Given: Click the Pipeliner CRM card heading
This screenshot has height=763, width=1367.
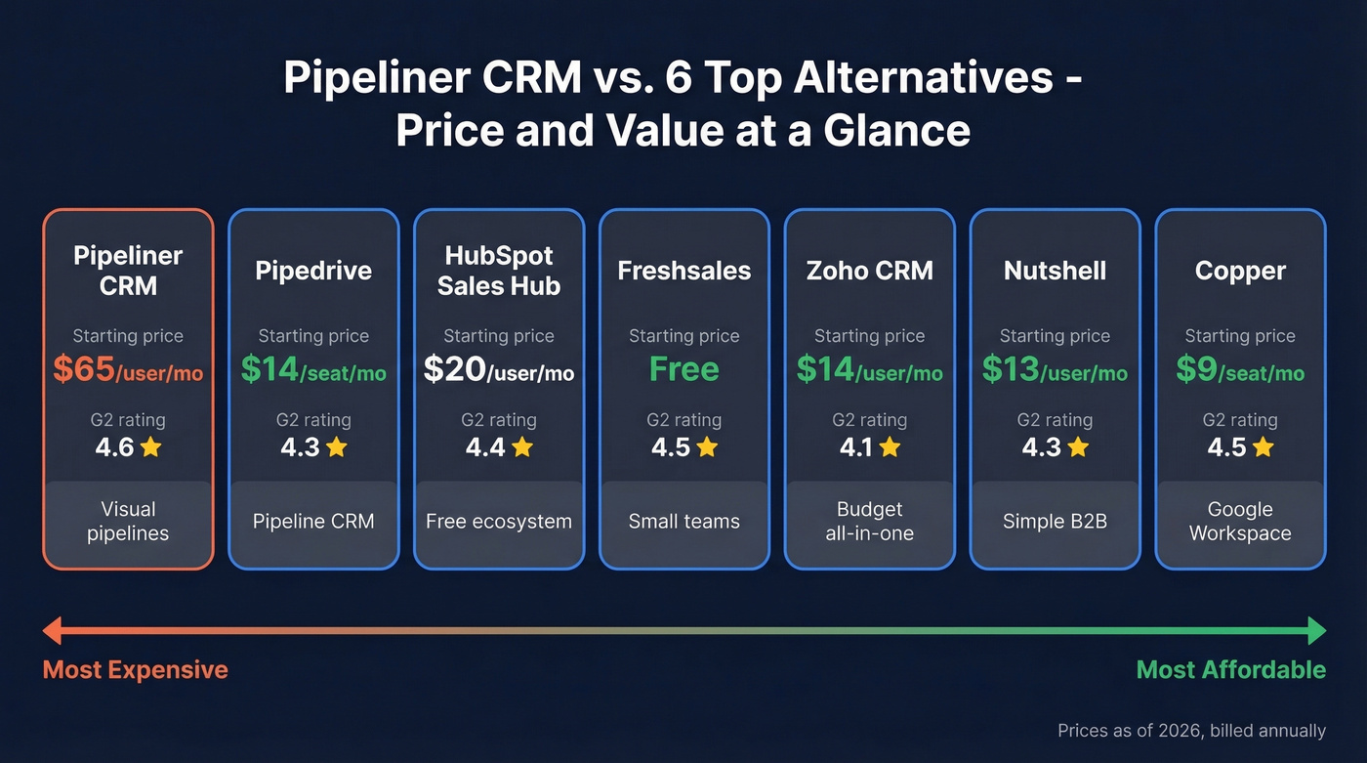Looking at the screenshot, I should point(128,271).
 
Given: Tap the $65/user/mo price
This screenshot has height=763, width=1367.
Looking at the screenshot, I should point(128,370).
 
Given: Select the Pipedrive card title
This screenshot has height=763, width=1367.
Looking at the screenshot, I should point(313,271).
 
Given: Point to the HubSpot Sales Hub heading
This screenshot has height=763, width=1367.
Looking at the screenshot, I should point(498,271).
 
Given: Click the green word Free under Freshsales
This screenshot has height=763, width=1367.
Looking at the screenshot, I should point(683,369).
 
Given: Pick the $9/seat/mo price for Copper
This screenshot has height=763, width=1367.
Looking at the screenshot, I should point(1240,370).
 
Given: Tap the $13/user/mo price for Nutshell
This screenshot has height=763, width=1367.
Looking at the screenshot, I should point(1055,370).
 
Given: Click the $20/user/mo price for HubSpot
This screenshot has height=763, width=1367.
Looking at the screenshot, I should point(498,370).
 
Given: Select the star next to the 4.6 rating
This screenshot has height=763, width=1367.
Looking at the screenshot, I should point(150,447).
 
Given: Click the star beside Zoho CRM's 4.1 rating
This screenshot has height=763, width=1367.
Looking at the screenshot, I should point(890,447).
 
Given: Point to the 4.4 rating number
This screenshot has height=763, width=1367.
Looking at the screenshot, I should point(484,447).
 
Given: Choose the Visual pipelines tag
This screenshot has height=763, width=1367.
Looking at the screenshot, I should point(128,521).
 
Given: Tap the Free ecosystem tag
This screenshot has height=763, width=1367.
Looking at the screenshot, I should point(498,521).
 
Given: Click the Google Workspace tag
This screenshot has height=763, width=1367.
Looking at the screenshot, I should point(1240,521).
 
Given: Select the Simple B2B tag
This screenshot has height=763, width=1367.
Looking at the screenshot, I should point(1055,521).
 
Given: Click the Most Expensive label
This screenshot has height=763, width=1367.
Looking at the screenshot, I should point(135,670).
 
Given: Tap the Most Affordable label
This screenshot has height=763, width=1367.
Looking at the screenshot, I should point(1230,670).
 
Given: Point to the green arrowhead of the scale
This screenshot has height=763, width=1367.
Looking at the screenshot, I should point(1316,630).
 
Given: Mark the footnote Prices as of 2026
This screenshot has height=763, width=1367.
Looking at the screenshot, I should point(1191,731).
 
